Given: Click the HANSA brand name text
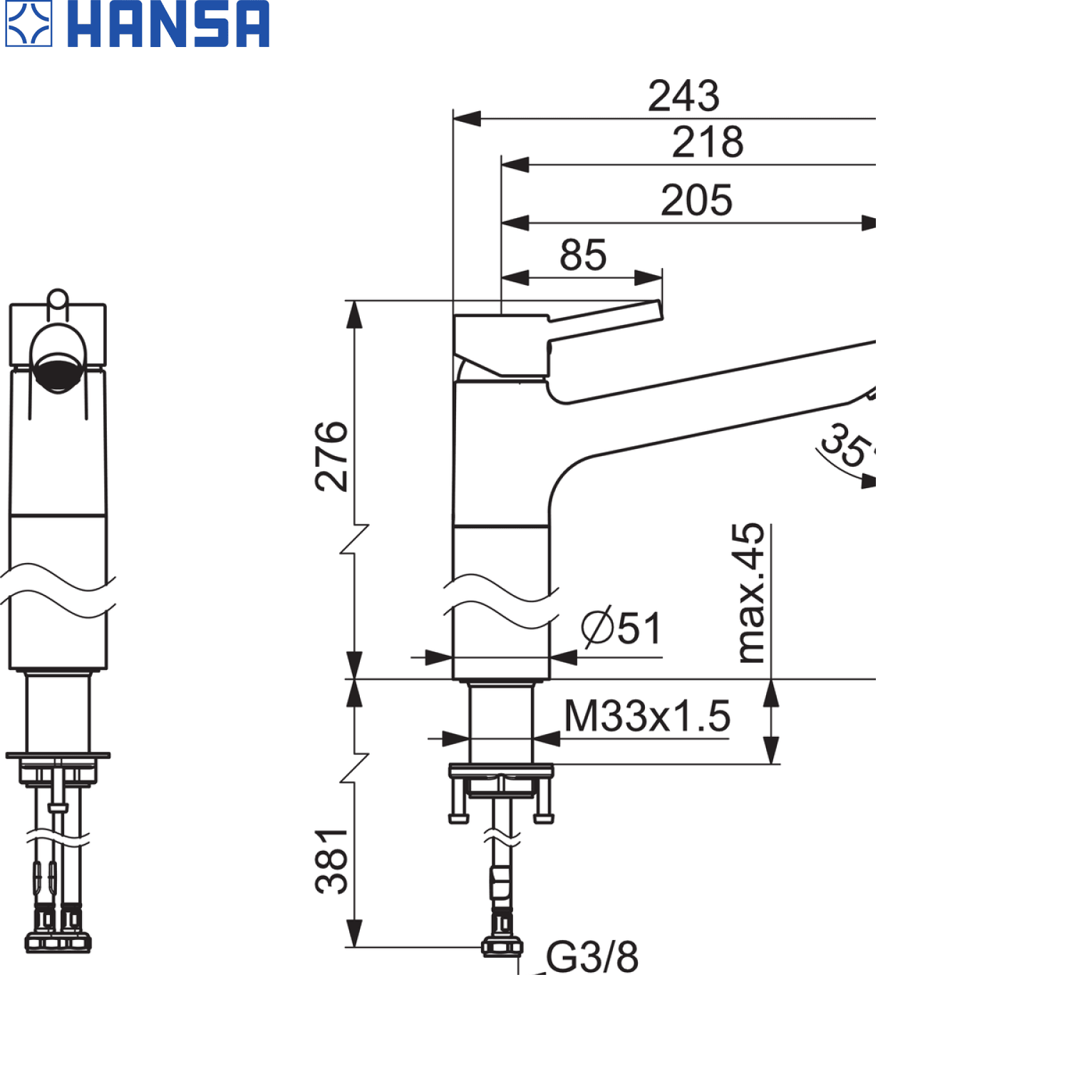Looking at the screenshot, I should [x=168, y=24].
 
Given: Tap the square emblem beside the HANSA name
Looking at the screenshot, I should [x=29, y=24].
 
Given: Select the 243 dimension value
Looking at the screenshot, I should [x=683, y=95].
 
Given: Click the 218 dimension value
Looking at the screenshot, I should [x=708, y=142].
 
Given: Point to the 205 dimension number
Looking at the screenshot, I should [x=696, y=200].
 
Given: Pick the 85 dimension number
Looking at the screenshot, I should [x=583, y=255].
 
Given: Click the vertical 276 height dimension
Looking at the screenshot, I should [x=332, y=456].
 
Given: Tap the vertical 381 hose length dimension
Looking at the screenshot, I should [x=332, y=861].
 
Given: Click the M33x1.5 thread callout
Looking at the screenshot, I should [x=647, y=716].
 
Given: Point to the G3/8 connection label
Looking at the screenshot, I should [x=592, y=957].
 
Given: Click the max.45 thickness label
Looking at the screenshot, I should [x=751, y=593].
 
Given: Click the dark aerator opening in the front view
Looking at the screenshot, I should [x=58, y=372].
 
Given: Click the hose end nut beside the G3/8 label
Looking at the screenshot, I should [x=502, y=947].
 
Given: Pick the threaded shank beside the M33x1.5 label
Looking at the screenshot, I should [x=501, y=723].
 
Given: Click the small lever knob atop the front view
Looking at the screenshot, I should [x=58, y=298].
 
